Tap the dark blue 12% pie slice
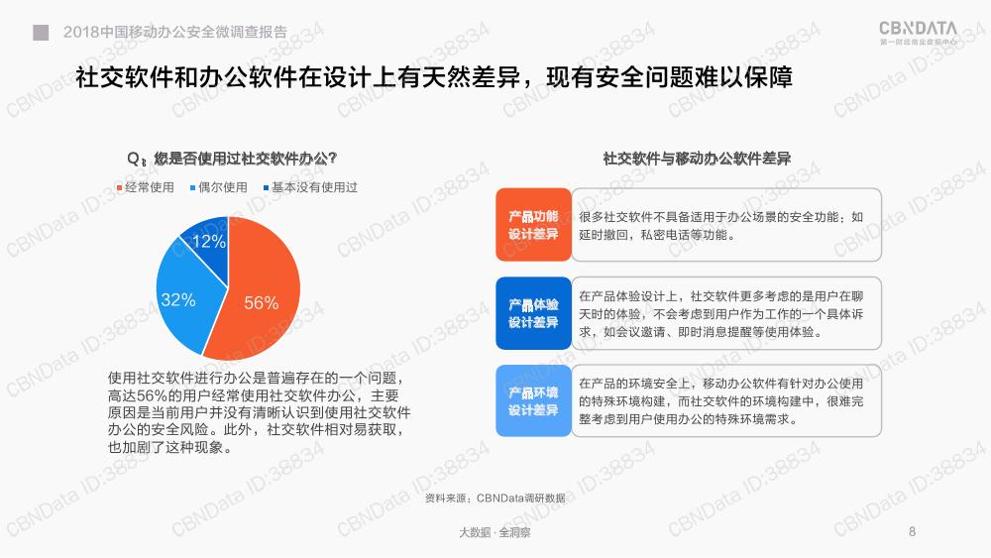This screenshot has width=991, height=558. pos(208,243)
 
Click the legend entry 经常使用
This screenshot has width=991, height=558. pos(146,187)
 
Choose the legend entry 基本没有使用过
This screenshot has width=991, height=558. pos(310,187)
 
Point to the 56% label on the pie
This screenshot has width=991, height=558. pos(261,302)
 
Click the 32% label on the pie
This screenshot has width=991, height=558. pos(178,299)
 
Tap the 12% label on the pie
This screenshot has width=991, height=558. pos(208,241)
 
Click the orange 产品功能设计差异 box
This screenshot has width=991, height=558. pos(533,224)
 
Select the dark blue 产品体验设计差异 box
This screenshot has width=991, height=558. pos(533,313)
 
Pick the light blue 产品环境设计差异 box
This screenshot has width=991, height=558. pos(533,400)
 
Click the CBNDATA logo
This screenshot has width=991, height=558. pos(919,32)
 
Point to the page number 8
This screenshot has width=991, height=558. pos(912,531)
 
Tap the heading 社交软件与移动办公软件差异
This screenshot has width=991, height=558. pos(697,158)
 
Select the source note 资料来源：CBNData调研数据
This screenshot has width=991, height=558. pos(495,498)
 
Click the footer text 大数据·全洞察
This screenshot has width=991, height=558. pos(495,532)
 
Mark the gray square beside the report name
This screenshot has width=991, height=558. pos(41,33)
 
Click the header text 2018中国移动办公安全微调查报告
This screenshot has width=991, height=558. pos(175,32)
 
